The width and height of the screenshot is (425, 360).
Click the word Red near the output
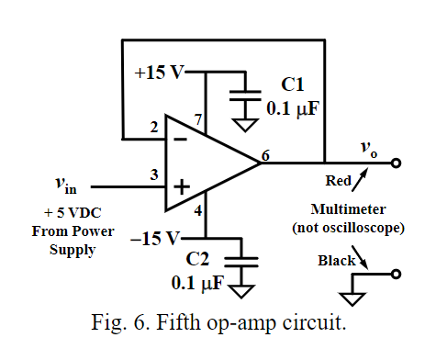tap(339, 181)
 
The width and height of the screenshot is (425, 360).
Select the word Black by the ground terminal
tap(337, 261)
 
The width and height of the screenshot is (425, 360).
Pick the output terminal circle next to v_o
tap(396, 164)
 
